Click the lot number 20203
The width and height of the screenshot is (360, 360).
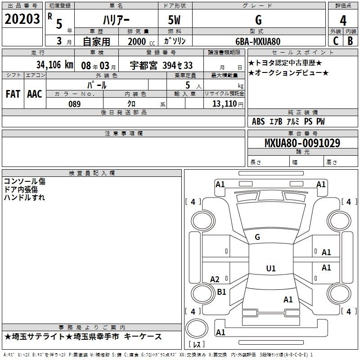click(x=22, y=19)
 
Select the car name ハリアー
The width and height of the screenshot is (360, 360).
click(x=116, y=20)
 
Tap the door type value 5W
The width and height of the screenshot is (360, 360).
click(x=174, y=20)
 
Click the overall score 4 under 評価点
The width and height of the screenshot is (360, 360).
click(x=343, y=21)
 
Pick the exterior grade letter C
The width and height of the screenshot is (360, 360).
click(x=336, y=41)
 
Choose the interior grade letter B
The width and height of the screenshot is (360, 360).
click(x=350, y=41)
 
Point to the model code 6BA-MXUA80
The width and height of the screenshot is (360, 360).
click(x=258, y=41)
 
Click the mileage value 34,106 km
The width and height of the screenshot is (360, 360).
click(x=54, y=65)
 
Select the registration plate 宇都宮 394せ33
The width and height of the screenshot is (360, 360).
click(x=161, y=65)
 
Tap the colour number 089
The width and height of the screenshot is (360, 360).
click(x=74, y=104)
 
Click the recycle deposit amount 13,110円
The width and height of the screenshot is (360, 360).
click(x=228, y=104)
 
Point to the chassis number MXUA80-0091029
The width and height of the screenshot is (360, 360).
click(x=302, y=143)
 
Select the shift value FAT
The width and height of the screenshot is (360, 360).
click(x=13, y=94)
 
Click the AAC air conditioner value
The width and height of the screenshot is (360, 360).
click(x=35, y=94)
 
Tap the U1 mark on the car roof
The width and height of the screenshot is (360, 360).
click(x=271, y=268)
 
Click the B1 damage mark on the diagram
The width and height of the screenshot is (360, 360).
click(x=221, y=292)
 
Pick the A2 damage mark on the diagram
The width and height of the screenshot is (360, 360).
click(x=215, y=279)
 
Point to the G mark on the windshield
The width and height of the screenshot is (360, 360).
click(x=257, y=237)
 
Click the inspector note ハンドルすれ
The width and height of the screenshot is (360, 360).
click(x=24, y=198)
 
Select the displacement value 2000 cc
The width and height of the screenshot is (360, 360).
click(x=141, y=41)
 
